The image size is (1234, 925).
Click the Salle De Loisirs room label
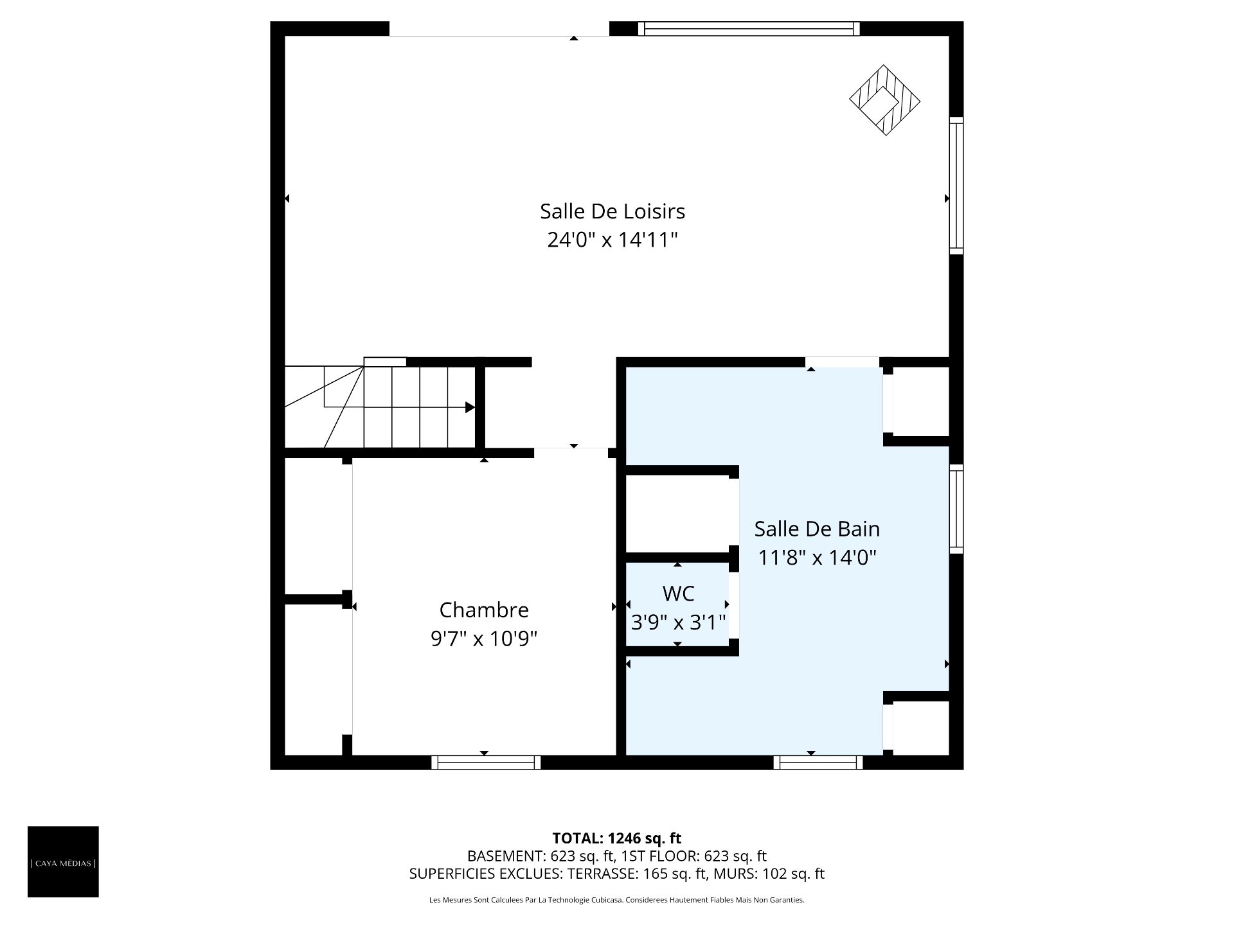613,211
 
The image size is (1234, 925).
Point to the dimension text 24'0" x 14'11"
613,240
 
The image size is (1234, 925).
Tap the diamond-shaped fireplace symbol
885,100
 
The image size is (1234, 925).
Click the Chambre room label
484,610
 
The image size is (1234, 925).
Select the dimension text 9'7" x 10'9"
484,639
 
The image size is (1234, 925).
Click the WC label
678,593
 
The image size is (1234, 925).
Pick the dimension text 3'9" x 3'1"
678,622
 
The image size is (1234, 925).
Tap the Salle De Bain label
817,529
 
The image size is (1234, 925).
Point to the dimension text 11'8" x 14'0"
817,557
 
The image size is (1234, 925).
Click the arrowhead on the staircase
470,407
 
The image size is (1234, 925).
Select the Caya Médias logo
63,861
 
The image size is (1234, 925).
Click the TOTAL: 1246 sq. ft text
617,838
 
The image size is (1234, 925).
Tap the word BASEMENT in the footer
505,856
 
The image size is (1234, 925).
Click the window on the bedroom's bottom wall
486,762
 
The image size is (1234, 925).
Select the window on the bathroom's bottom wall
818,762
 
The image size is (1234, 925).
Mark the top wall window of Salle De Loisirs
749,29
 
